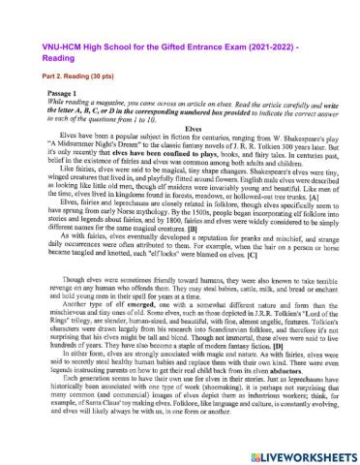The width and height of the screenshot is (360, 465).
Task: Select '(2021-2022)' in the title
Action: tap(303, 17)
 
